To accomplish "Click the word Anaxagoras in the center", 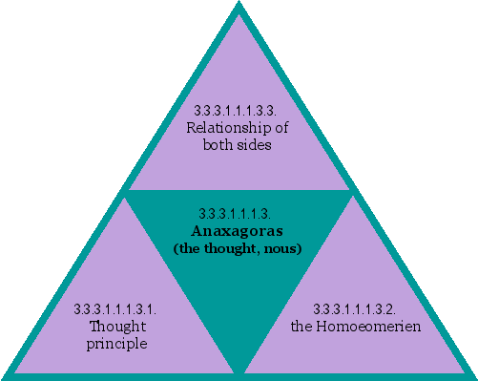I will tap(239, 230).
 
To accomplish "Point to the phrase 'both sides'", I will tap(238, 145).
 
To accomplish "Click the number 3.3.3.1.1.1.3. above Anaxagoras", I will tap(239, 213).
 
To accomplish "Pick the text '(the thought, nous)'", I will tap(238, 248).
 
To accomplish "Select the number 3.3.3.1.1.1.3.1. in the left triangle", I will tap(115, 309).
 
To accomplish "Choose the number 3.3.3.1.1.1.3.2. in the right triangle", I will tap(356, 309).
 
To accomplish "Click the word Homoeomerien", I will tap(367, 327).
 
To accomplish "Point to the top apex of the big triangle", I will tap(239, 6).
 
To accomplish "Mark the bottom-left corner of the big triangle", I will tap(6, 375).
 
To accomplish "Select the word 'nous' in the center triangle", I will tap(285, 248).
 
